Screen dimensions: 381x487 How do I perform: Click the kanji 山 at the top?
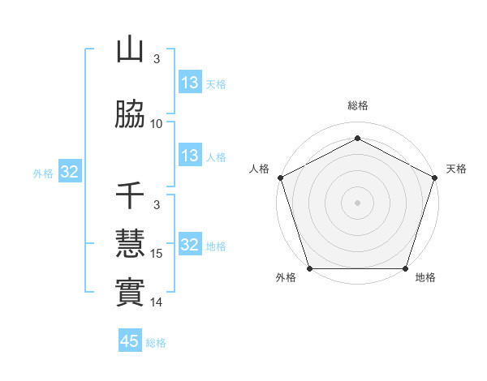[x=130, y=50]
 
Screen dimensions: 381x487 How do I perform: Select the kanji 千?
[x=130, y=195]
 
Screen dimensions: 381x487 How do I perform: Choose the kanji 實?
[x=130, y=292]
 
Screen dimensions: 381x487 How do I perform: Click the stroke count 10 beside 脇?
[x=157, y=123]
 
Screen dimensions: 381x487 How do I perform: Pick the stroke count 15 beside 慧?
[x=157, y=254]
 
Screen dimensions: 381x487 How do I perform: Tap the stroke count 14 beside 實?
[x=157, y=302]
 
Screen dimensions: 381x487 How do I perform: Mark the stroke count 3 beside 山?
[x=157, y=58]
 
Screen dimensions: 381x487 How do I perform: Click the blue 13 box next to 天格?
[x=190, y=83]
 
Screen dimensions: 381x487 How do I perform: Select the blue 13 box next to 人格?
[x=190, y=156]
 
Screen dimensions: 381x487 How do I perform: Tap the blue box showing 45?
[x=130, y=341]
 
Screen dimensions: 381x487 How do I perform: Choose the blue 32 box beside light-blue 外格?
[x=69, y=172]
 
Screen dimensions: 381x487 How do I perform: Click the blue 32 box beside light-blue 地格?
[x=190, y=245]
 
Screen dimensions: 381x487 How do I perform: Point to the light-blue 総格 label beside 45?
[x=156, y=342]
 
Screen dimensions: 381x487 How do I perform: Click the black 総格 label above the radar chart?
[x=357, y=105]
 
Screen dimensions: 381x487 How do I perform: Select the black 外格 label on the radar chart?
[x=286, y=277]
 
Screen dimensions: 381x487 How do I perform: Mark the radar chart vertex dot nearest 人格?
[x=280, y=177]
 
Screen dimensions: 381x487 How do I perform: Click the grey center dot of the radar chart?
[x=357, y=202]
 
